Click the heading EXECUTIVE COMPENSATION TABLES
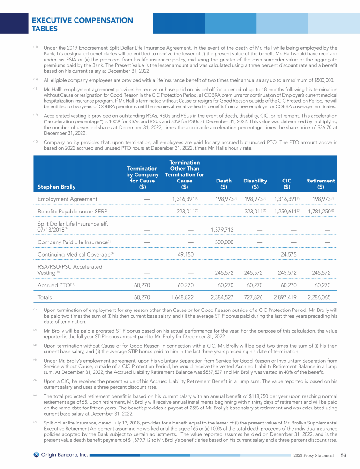tap(82, 24)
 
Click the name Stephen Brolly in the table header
tap(57, 187)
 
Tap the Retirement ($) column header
tap(320, 183)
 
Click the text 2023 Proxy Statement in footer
tap(312, 455)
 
